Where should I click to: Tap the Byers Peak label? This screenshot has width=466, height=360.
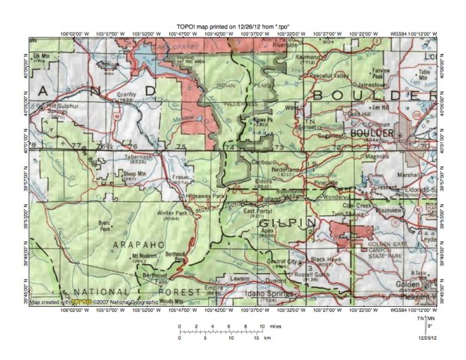(x=109, y=223)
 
